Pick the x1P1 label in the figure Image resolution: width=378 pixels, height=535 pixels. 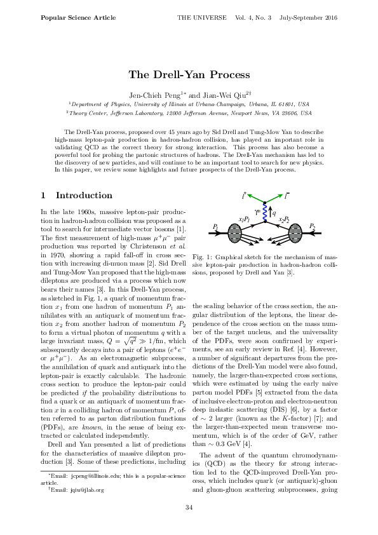point(245,219)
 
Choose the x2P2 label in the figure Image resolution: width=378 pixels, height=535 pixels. point(284,219)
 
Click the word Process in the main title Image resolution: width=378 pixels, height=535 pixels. point(225,75)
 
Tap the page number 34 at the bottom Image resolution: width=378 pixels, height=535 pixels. point(189,506)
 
